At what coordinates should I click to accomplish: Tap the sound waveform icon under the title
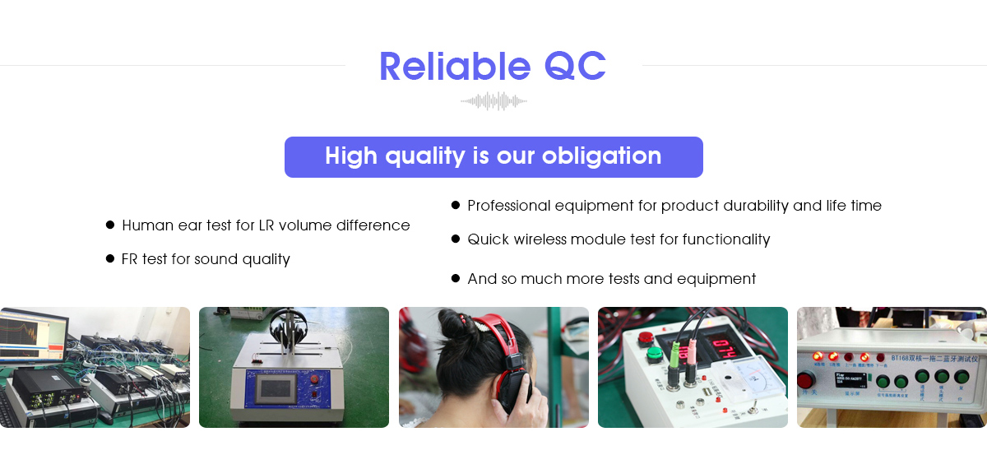[493, 101]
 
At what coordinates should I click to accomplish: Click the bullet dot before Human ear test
[110, 225]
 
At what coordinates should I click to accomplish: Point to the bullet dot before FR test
[110, 258]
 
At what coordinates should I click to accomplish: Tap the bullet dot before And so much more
[456, 279]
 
